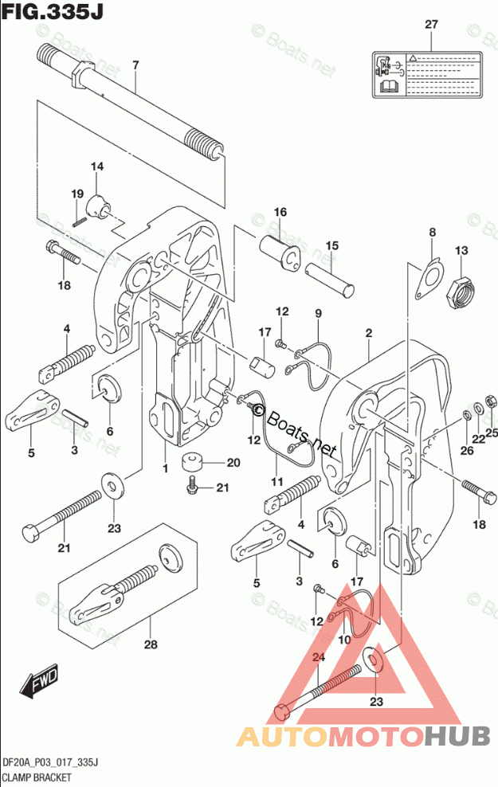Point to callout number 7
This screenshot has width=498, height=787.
pyautogui.click(x=135, y=65)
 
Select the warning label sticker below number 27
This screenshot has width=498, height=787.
pyautogui.click(x=428, y=76)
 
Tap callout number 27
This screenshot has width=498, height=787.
pyautogui.click(x=430, y=25)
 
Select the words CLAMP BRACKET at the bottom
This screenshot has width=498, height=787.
pyautogui.click(x=37, y=777)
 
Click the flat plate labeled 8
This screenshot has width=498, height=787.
pyautogui.click(x=429, y=279)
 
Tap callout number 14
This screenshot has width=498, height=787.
pyautogui.click(x=96, y=166)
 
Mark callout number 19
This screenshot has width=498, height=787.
pyautogui.click(x=76, y=194)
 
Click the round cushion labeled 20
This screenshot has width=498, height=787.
pyautogui.click(x=192, y=462)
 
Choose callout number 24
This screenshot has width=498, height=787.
pyautogui.click(x=320, y=657)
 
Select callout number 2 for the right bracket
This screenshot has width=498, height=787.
pyautogui.click(x=369, y=332)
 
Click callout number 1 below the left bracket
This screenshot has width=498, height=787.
pyautogui.click(x=166, y=469)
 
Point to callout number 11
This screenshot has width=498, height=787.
pyautogui.click(x=277, y=481)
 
